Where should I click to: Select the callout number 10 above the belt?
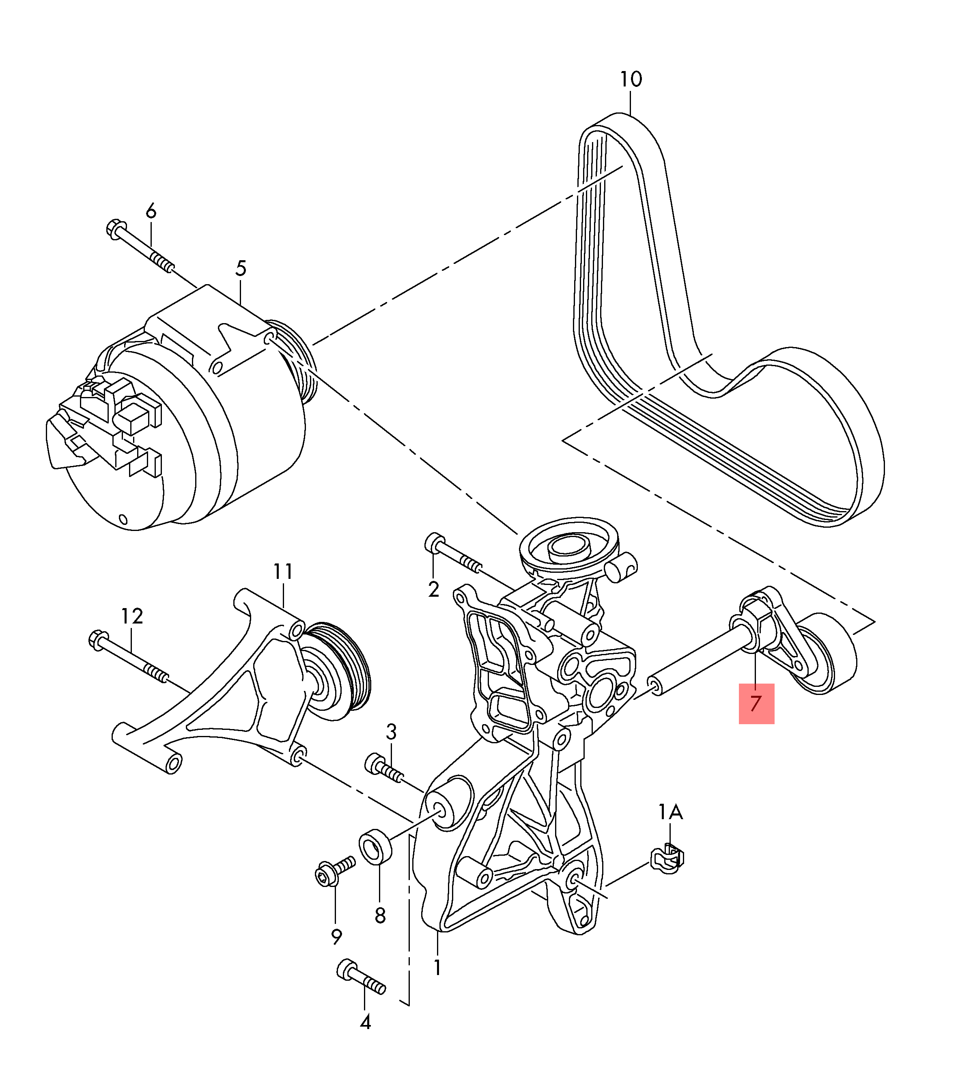click(x=631, y=79)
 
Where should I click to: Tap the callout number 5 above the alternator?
click(x=241, y=269)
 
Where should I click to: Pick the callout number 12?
click(x=132, y=616)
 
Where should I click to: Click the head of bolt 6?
click(x=115, y=229)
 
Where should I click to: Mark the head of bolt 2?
click(x=435, y=543)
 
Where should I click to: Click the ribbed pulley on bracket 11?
click(x=338, y=671)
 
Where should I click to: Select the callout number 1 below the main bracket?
click(x=437, y=967)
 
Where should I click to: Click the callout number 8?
click(x=380, y=915)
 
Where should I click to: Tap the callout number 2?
click(x=433, y=589)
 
